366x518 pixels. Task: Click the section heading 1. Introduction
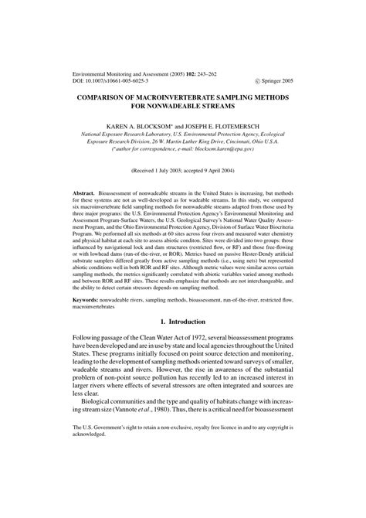[x=182, y=344]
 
